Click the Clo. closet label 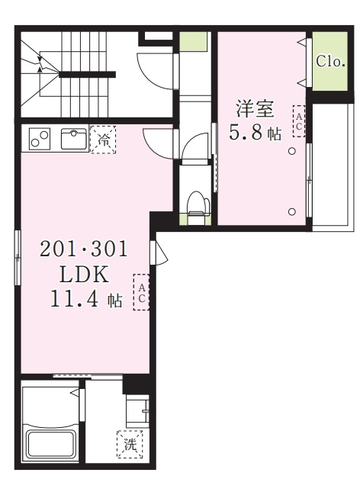click(x=330, y=60)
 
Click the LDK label click(x=74, y=274)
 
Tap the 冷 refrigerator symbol click(x=103, y=140)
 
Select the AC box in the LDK click(x=141, y=291)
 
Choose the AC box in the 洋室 click(x=298, y=121)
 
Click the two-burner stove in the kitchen click(x=39, y=140)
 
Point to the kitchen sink click(x=74, y=139)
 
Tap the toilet click(x=198, y=203)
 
